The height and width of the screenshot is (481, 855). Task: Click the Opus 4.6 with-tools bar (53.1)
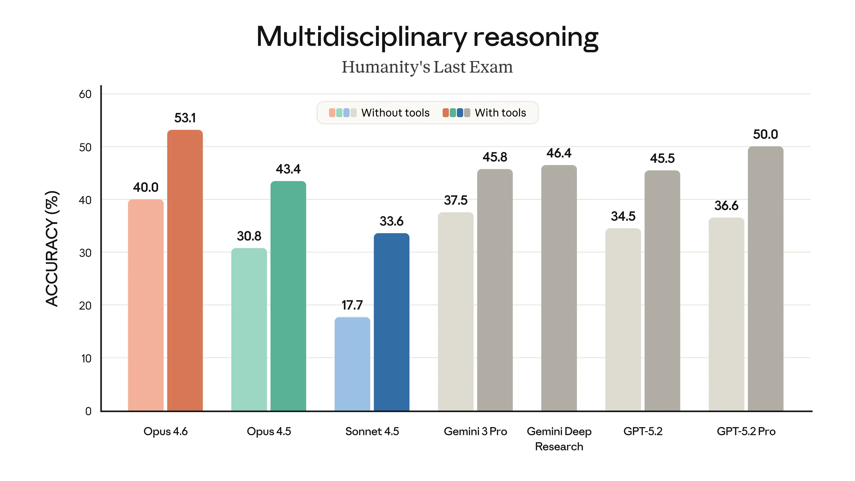[185, 271]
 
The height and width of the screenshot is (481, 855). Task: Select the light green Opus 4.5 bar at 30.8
[249, 329]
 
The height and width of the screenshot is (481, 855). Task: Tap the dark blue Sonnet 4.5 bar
[391, 322]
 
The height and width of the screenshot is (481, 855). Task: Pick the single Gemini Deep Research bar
[559, 288]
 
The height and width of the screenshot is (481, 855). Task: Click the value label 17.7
[352, 305]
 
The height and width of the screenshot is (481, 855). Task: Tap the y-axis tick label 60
[85, 94]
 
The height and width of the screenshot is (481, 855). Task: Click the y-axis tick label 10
[86, 359]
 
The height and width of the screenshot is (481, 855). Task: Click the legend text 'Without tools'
[395, 113]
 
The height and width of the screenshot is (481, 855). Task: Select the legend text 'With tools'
[500, 113]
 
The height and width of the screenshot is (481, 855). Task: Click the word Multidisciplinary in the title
[362, 37]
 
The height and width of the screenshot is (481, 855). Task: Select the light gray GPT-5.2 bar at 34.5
[623, 319]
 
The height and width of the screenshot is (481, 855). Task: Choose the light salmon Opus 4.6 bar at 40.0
[146, 305]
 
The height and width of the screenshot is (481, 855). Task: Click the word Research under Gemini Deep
[559, 446]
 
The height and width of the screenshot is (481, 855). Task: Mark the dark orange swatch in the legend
[445, 113]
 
